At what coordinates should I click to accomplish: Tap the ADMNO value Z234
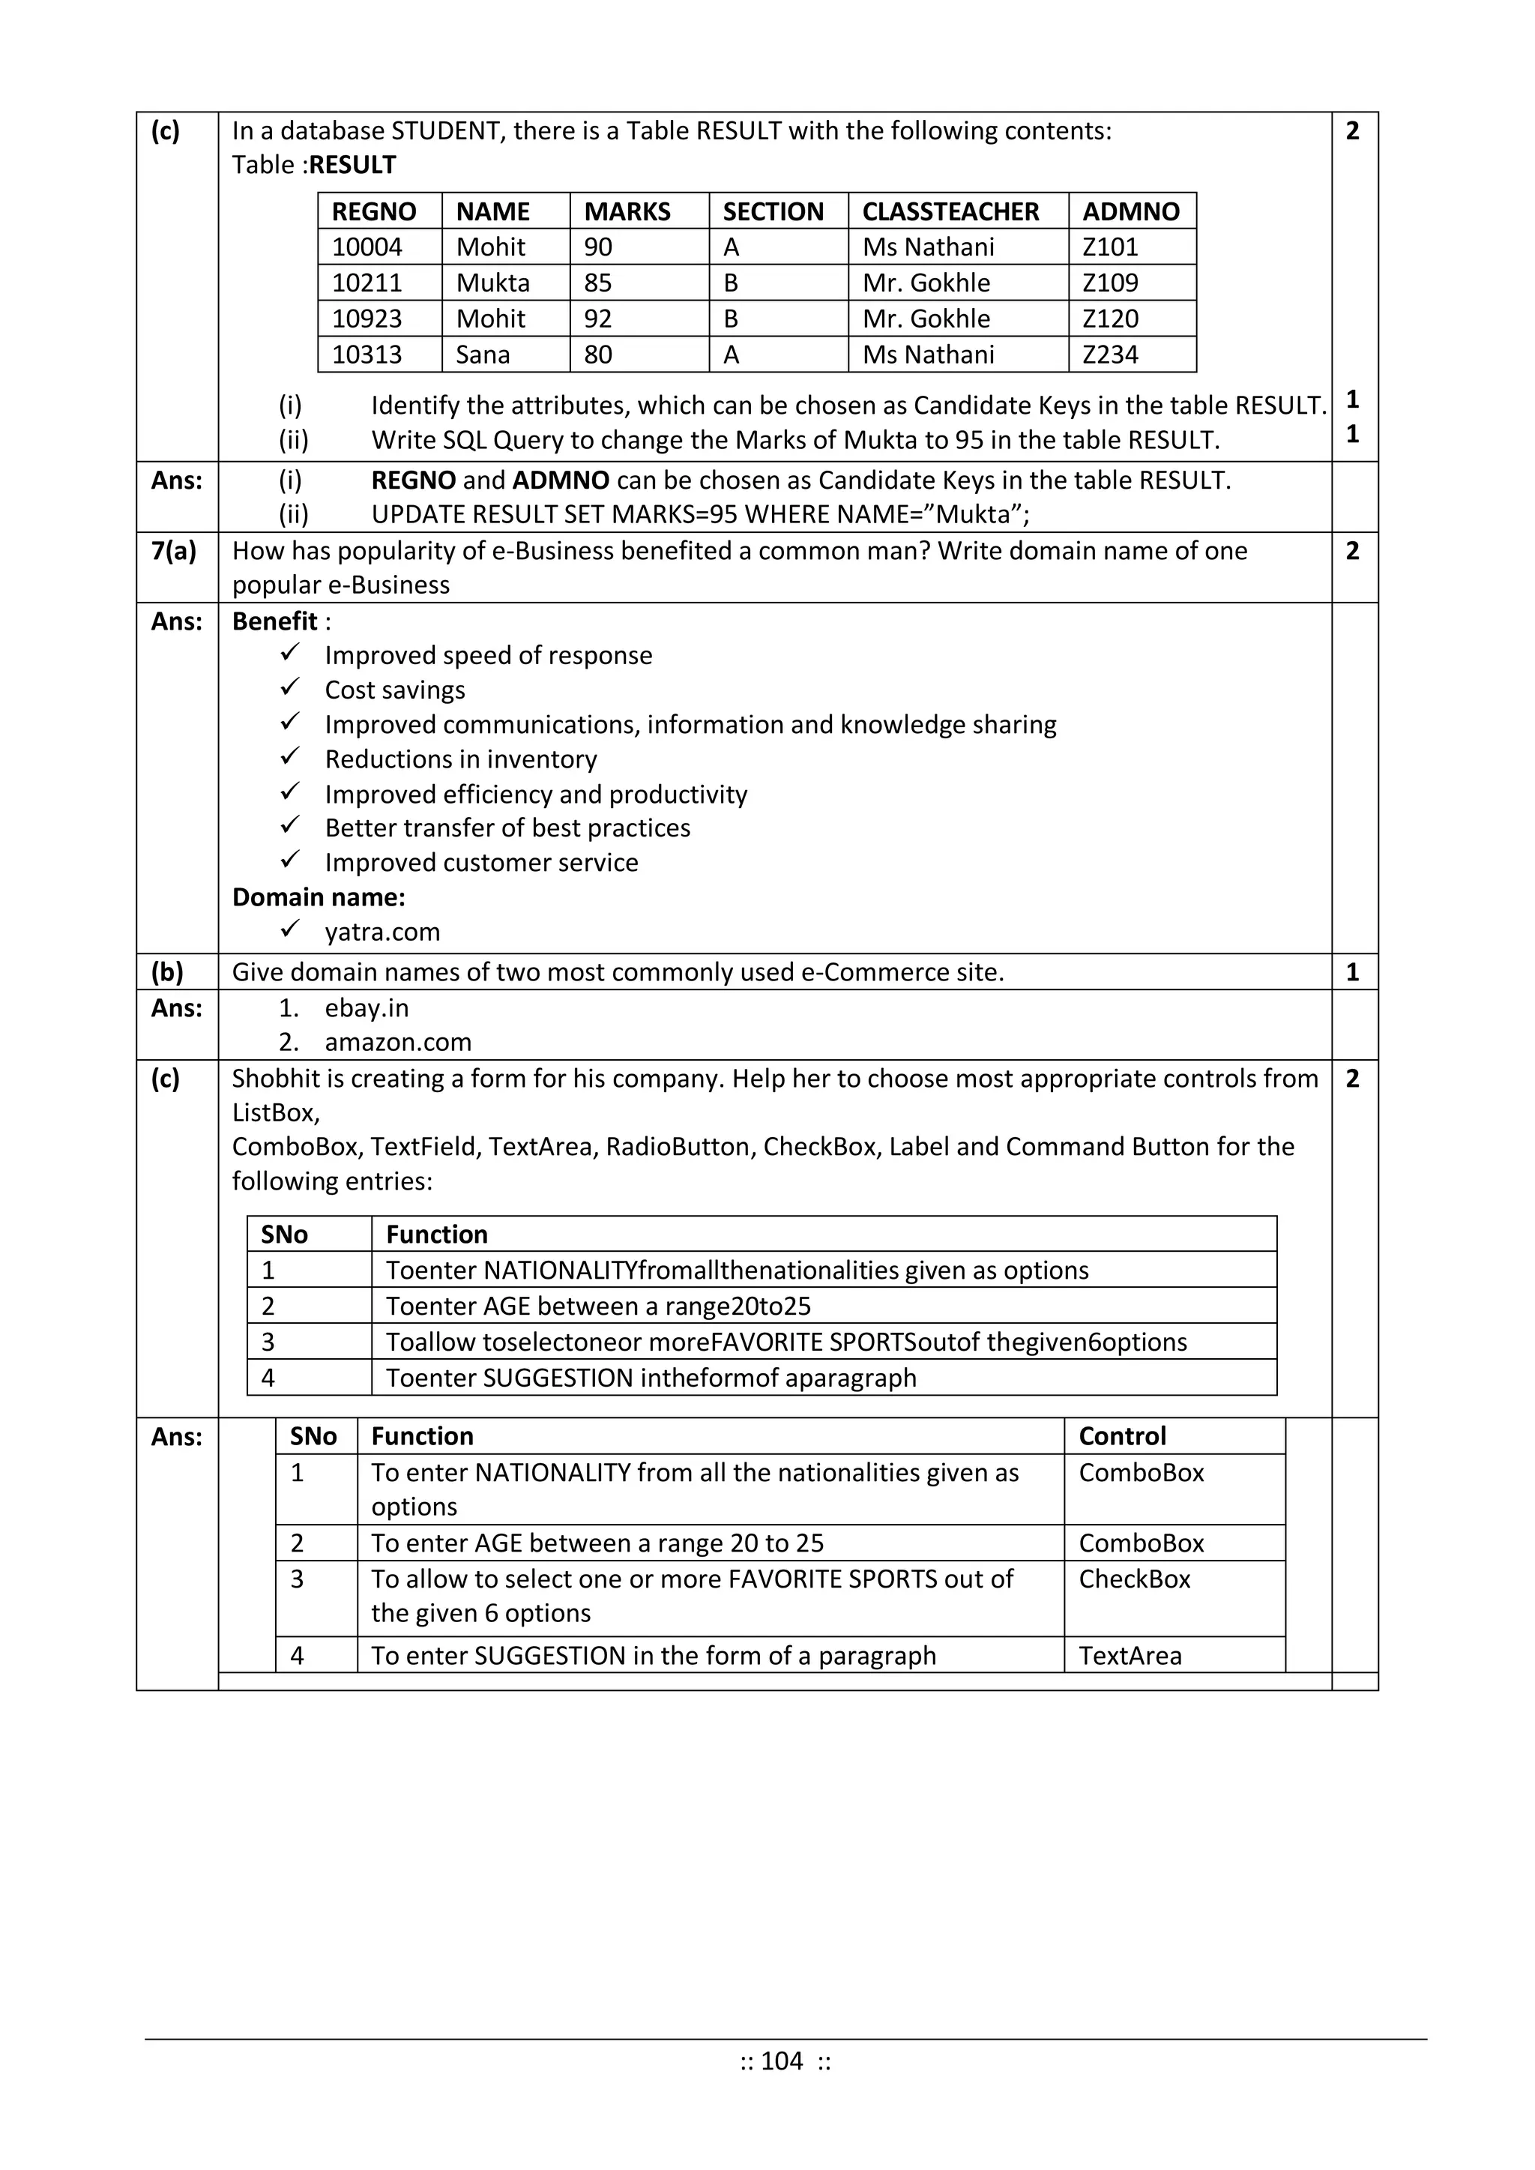pos(1110,355)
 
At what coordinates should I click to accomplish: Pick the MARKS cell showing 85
pos(597,283)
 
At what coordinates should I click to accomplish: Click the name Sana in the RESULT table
pos(482,355)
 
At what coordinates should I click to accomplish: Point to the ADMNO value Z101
pos(1110,247)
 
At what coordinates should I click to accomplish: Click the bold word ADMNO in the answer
pos(561,480)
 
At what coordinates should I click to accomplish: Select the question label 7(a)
pos(174,551)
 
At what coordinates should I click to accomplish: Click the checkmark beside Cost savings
pos(290,687)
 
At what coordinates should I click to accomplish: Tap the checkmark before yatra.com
pos(290,929)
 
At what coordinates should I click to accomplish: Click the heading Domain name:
pos(319,897)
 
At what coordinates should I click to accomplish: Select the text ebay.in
pos(367,1008)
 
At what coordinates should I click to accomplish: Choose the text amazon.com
pos(398,1043)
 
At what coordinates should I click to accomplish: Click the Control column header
pos(1122,1437)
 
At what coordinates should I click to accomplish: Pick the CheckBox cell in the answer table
pos(1134,1579)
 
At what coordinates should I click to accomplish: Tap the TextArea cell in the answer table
pos(1130,1656)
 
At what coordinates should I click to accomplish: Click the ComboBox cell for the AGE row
pos(1141,1543)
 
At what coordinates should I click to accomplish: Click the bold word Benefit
pos(274,621)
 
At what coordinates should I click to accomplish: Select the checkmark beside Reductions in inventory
pos(290,756)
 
